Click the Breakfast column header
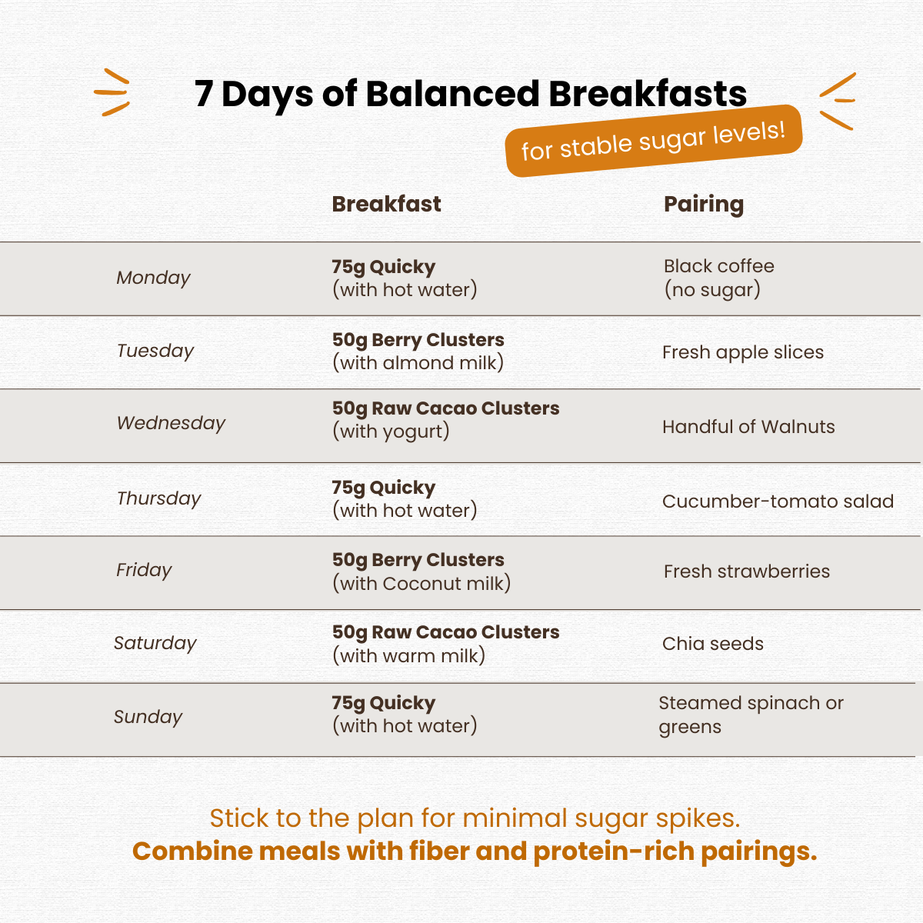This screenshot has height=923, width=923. [x=386, y=204]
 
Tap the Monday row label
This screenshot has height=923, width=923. [x=153, y=278]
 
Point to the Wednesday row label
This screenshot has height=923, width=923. [x=171, y=423]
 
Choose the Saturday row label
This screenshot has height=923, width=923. [x=155, y=643]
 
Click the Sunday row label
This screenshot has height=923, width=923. [x=148, y=717]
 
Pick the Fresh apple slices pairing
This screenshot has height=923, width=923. [x=743, y=352]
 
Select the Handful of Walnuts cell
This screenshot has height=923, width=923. [x=748, y=427]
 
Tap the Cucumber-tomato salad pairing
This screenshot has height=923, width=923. [x=778, y=501]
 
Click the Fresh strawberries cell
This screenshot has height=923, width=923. [x=747, y=571]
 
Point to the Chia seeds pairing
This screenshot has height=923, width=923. [x=713, y=644]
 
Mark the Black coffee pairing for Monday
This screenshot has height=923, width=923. [x=719, y=278]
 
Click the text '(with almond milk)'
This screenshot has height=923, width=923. [x=418, y=363]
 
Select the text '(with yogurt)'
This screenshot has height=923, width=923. [x=391, y=432]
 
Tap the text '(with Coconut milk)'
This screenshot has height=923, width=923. [x=422, y=584]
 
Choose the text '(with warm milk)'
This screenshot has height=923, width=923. [x=408, y=656]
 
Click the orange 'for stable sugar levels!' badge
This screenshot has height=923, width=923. [x=654, y=141]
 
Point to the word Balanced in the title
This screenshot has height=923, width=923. [x=452, y=93]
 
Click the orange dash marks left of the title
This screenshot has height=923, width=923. [x=112, y=92]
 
